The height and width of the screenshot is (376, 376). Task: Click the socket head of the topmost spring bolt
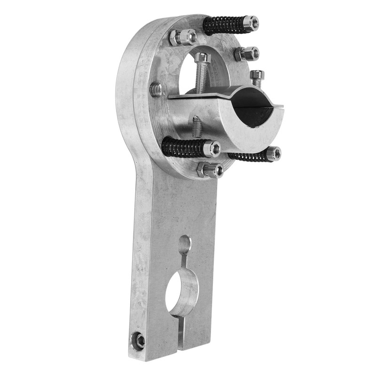point(251,23)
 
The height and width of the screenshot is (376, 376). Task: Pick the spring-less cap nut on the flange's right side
point(248,54)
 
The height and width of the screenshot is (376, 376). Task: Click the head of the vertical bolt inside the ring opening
point(202,58)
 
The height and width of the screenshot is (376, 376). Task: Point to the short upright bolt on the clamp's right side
point(257,78)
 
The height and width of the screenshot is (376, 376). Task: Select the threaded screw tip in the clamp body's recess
point(197,126)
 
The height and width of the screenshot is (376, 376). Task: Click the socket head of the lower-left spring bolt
point(212,149)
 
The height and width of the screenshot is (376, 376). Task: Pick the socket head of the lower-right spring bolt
point(273,153)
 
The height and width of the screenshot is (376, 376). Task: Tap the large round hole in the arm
point(181,292)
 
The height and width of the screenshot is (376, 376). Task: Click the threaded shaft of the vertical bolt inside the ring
point(201,78)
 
